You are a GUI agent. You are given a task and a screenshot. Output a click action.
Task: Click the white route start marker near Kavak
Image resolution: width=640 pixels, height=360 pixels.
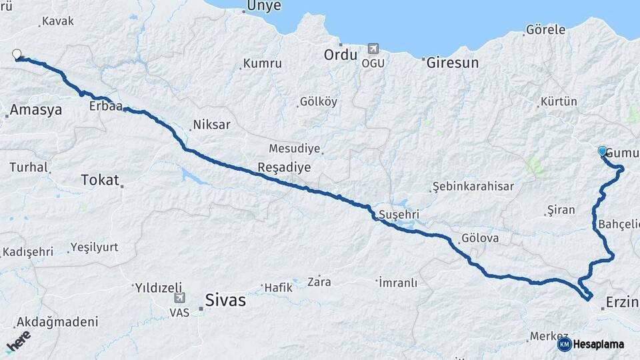pyautogui.click(x=17, y=55)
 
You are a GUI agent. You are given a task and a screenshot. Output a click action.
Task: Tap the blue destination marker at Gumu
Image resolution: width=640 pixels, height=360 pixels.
pyautogui.click(x=603, y=151)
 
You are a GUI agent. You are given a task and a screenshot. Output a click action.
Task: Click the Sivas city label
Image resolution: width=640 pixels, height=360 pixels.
pyautogui.click(x=225, y=300)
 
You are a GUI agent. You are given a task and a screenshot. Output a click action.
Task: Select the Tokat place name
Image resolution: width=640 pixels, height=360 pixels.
pyautogui.click(x=99, y=179)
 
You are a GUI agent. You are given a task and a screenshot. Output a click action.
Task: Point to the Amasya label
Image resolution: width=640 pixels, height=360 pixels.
pyautogui.click(x=36, y=109)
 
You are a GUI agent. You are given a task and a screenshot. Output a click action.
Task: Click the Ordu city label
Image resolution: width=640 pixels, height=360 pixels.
pyautogui.click(x=341, y=55)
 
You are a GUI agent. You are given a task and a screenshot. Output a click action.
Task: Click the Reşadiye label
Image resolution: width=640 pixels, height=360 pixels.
pyautogui.click(x=285, y=167)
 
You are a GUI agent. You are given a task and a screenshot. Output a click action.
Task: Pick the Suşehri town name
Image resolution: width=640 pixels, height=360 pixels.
pyautogui.click(x=398, y=215)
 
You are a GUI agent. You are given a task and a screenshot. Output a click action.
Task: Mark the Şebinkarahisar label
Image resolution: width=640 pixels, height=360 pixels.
pyautogui.click(x=473, y=186)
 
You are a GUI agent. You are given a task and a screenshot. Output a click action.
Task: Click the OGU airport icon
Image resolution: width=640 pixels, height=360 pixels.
pyautogui.click(x=372, y=49)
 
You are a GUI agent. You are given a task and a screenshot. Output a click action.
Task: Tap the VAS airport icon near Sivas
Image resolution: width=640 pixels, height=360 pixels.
pyautogui.click(x=179, y=299)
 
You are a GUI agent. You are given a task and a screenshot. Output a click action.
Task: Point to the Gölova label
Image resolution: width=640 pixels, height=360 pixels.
pyautogui.click(x=479, y=238)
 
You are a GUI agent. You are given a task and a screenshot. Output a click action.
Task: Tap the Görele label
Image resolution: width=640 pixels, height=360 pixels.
pyautogui.click(x=545, y=30)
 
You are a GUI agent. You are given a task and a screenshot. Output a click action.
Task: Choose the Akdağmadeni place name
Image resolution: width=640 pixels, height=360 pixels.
pyautogui.click(x=57, y=321)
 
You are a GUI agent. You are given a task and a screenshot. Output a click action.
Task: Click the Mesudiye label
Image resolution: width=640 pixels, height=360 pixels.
pyautogui.click(x=294, y=148)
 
